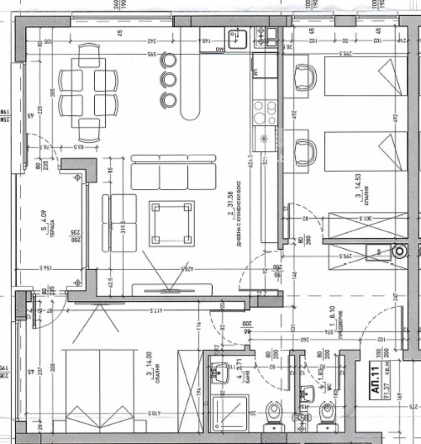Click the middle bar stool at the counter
coord(169,78)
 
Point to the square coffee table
coord(172,223)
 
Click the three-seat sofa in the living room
coord(174,172)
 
